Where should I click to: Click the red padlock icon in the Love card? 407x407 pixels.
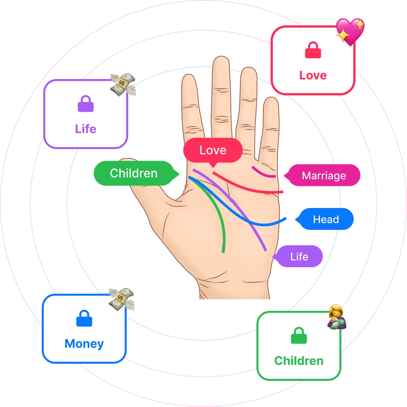click(313, 51)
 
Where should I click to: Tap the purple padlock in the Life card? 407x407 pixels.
click(85, 104)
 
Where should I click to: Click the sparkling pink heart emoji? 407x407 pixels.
click(350, 31)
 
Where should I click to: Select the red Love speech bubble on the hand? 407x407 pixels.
click(212, 150)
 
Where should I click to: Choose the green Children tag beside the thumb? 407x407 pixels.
click(134, 173)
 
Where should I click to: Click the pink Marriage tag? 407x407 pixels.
click(324, 176)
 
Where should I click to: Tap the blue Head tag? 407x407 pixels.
click(326, 220)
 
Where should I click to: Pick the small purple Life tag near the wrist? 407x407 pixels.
click(299, 256)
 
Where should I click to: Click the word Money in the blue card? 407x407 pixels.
click(84, 344)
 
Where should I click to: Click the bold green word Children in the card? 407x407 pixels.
click(299, 361)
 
